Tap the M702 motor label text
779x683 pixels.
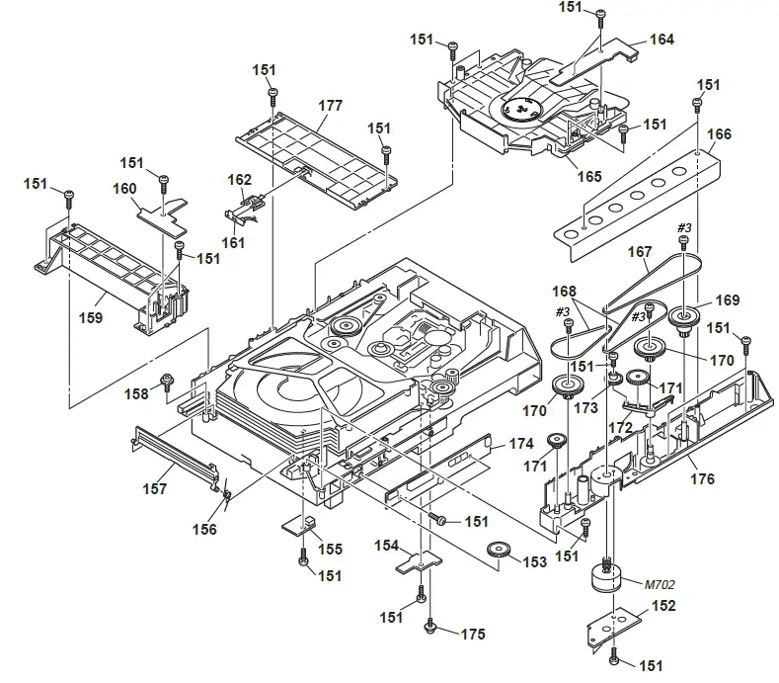tap(662, 584)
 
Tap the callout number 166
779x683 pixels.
tap(720, 134)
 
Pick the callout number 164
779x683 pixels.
tap(662, 41)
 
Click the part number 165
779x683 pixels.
tap(589, 177)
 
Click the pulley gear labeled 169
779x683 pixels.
tap(680, 317)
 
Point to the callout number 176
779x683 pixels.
tap(702, 480)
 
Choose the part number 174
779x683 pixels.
tap(521, 445)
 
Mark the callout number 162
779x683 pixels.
tap(240, 180)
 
